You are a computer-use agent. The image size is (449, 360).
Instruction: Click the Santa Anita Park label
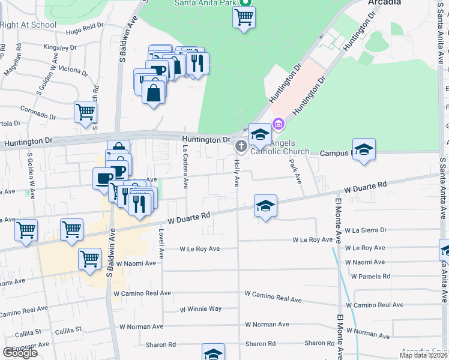[204, 2]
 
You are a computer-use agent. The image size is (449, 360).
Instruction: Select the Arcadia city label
[384, 2]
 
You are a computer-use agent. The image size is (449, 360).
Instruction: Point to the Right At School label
[28, 25]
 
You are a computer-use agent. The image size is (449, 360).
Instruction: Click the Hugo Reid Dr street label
[86, 31]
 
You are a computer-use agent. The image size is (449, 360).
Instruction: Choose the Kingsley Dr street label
[60, 47]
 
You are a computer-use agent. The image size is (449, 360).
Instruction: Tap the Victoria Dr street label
[73, 70]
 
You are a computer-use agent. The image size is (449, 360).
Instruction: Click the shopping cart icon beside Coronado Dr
[86, 112]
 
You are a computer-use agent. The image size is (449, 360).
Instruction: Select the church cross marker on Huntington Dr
[241, 145]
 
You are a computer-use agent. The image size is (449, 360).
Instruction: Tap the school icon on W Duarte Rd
[265, 206]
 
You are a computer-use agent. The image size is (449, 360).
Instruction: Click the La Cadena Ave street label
[186, 166]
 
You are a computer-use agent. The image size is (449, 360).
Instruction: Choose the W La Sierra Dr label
[366, 230]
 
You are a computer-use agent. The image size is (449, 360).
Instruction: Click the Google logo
[20, 352]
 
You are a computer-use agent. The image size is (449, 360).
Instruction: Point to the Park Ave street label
[295, 171]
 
